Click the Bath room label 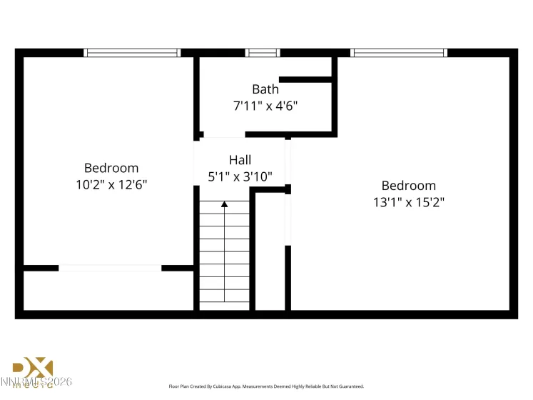coord(265,89)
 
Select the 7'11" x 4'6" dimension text coord(265,106)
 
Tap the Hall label coord(240,160)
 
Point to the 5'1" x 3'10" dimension coord(240,176)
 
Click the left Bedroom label coord(111,168)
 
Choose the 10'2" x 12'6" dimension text coord(111,184)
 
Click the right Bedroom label coord(408,186)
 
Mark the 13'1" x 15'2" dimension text coord(408,202)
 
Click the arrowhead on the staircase coord(225,204)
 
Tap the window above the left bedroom coord(132,52)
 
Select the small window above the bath coord(263,52)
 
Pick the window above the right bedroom coord(399,52)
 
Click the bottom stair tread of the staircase coord(225,303)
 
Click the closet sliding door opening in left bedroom coord(110,268)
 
